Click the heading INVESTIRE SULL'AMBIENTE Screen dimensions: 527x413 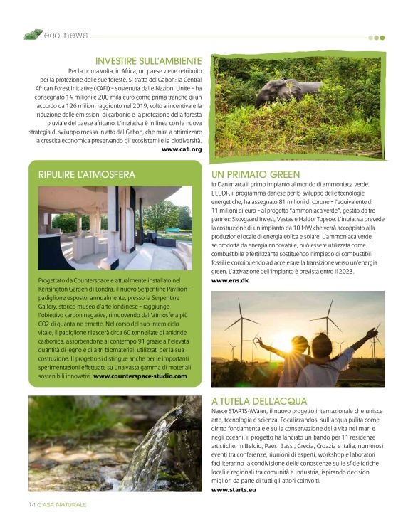click(148, 61)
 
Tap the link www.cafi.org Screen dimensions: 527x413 click(182, 149)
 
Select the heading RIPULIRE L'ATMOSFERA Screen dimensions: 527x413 click(86, 174)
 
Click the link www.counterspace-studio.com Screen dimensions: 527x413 click(140, 376)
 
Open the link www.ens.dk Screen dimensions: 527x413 click(229, 281)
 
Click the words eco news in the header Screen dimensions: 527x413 click(66, 35)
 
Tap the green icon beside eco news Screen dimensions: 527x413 click(32, 34)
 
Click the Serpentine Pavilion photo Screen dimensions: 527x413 click(115, 228)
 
